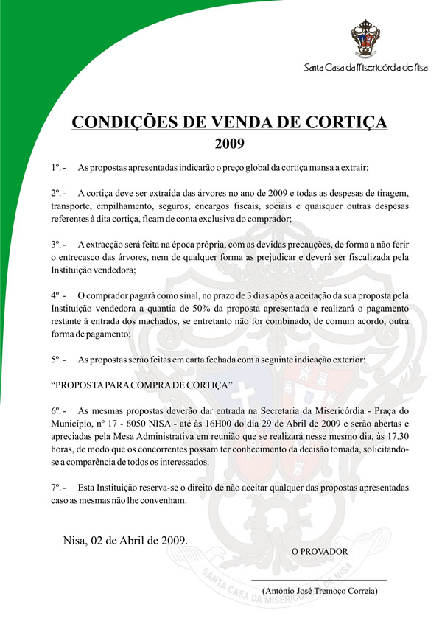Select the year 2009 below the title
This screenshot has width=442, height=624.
click(x=229, y=142)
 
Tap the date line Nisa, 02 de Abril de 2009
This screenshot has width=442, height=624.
click(x=124, y=540)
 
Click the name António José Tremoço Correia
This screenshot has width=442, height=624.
click(x=320, y=591)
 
